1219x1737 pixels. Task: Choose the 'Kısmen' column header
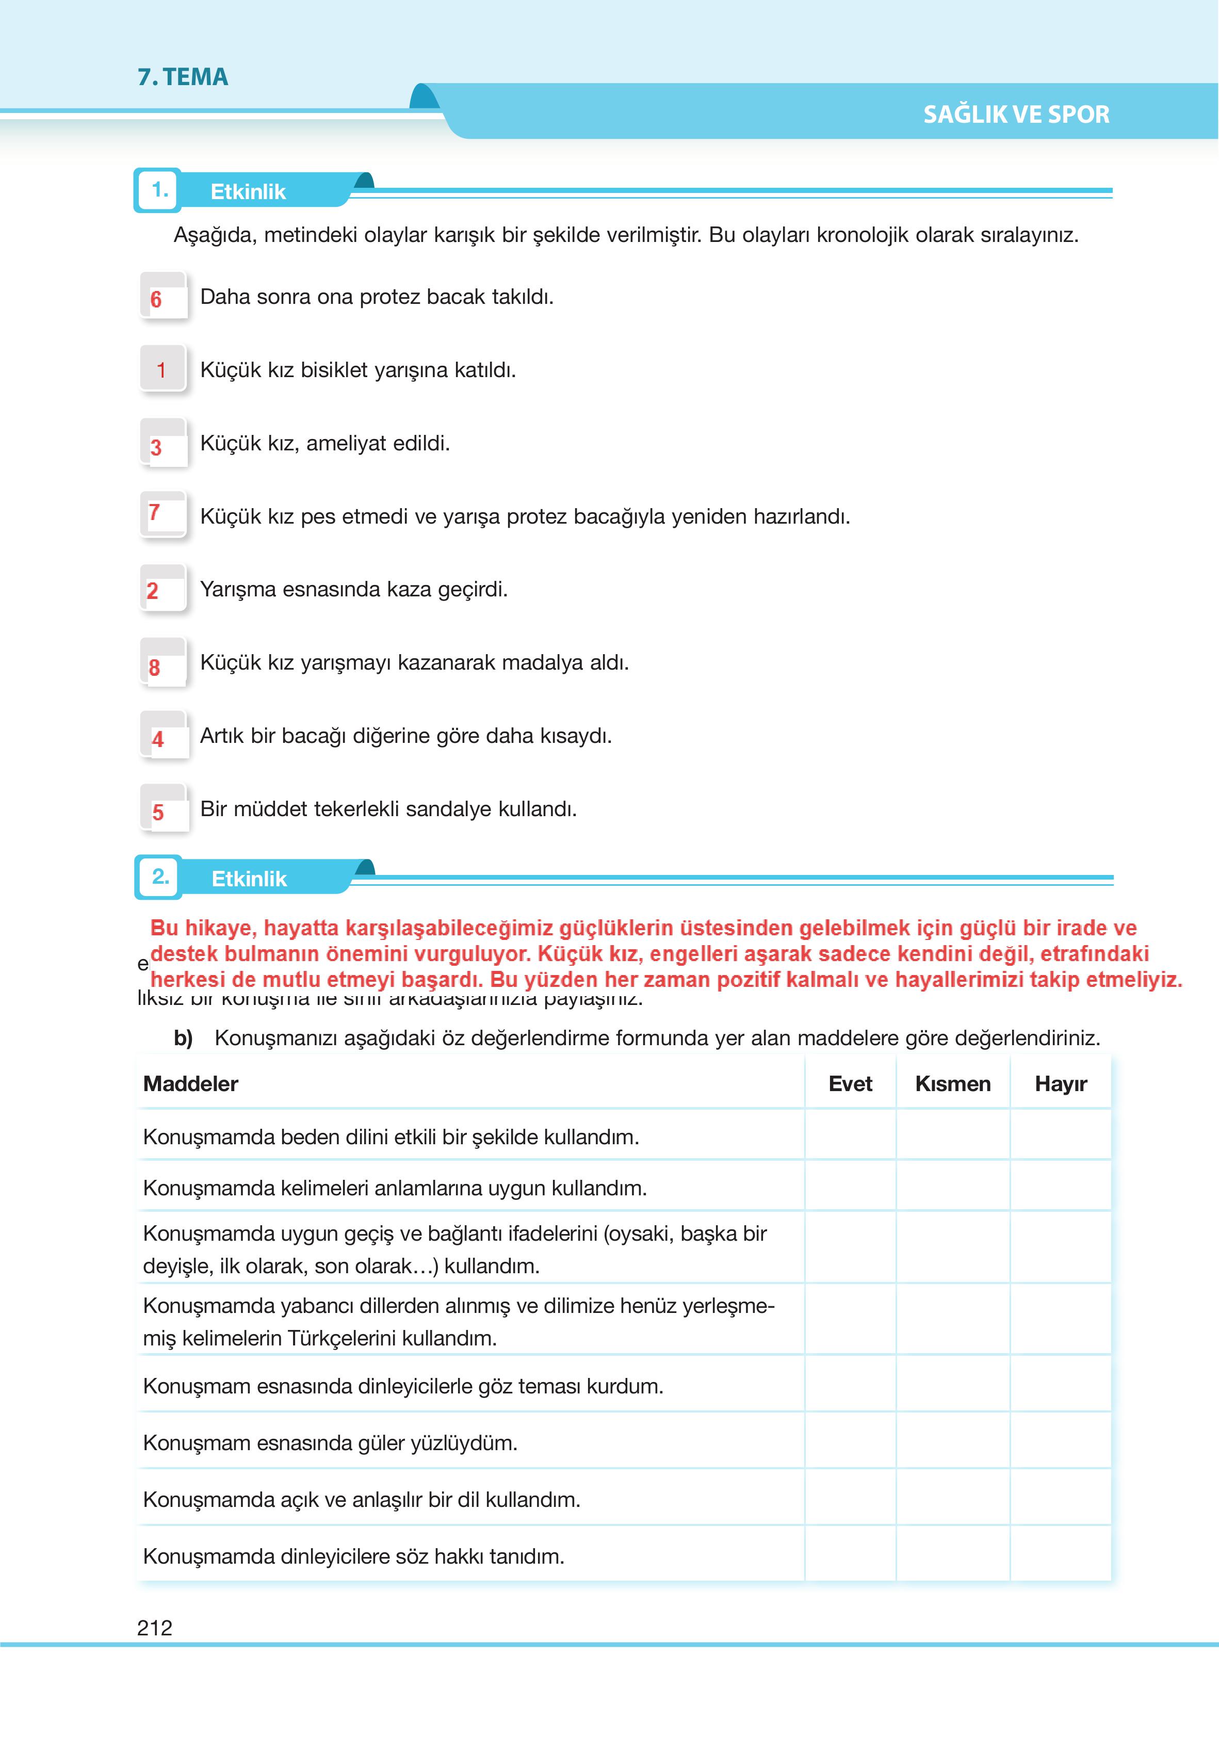[x=953, y=1084]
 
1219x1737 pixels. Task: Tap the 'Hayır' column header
[x=1060, y=1084]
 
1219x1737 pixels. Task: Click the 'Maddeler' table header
[x=191, y=1084]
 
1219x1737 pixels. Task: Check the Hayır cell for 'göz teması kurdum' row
[x=1060, y=1386]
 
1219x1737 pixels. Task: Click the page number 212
[x=155, y=1628]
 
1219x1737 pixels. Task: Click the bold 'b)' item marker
[x=183, y=1038]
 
